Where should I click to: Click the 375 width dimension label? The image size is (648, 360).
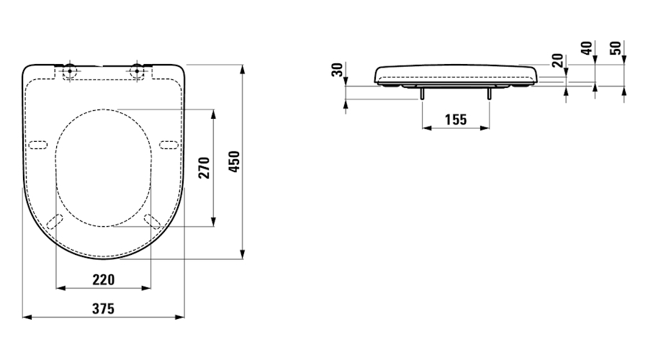click(x=103, y=309)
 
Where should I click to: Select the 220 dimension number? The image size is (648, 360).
click(x=103, y=280)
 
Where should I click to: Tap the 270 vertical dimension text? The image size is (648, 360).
click(x=204, y=168)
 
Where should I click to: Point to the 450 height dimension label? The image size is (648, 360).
click(x=234, y=161)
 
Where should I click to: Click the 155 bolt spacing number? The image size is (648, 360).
click(x=456, y=120)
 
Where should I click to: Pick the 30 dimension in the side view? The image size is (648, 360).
click(x=338, y=69)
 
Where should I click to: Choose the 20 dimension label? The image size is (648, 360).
click(x=558, y=60)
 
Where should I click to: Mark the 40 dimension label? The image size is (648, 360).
click(x=587, y=48)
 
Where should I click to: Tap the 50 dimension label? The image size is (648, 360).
click(x=616, y=48)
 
